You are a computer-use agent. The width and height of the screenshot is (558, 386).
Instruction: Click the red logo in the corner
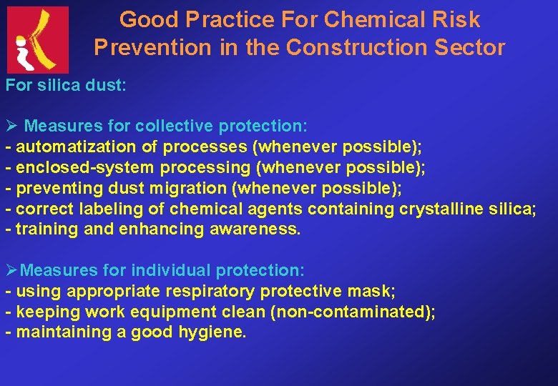pyautogui.click(x=38, y=39)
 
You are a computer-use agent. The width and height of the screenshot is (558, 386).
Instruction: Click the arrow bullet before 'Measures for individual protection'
pyautogui.click(x=11, y=271)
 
